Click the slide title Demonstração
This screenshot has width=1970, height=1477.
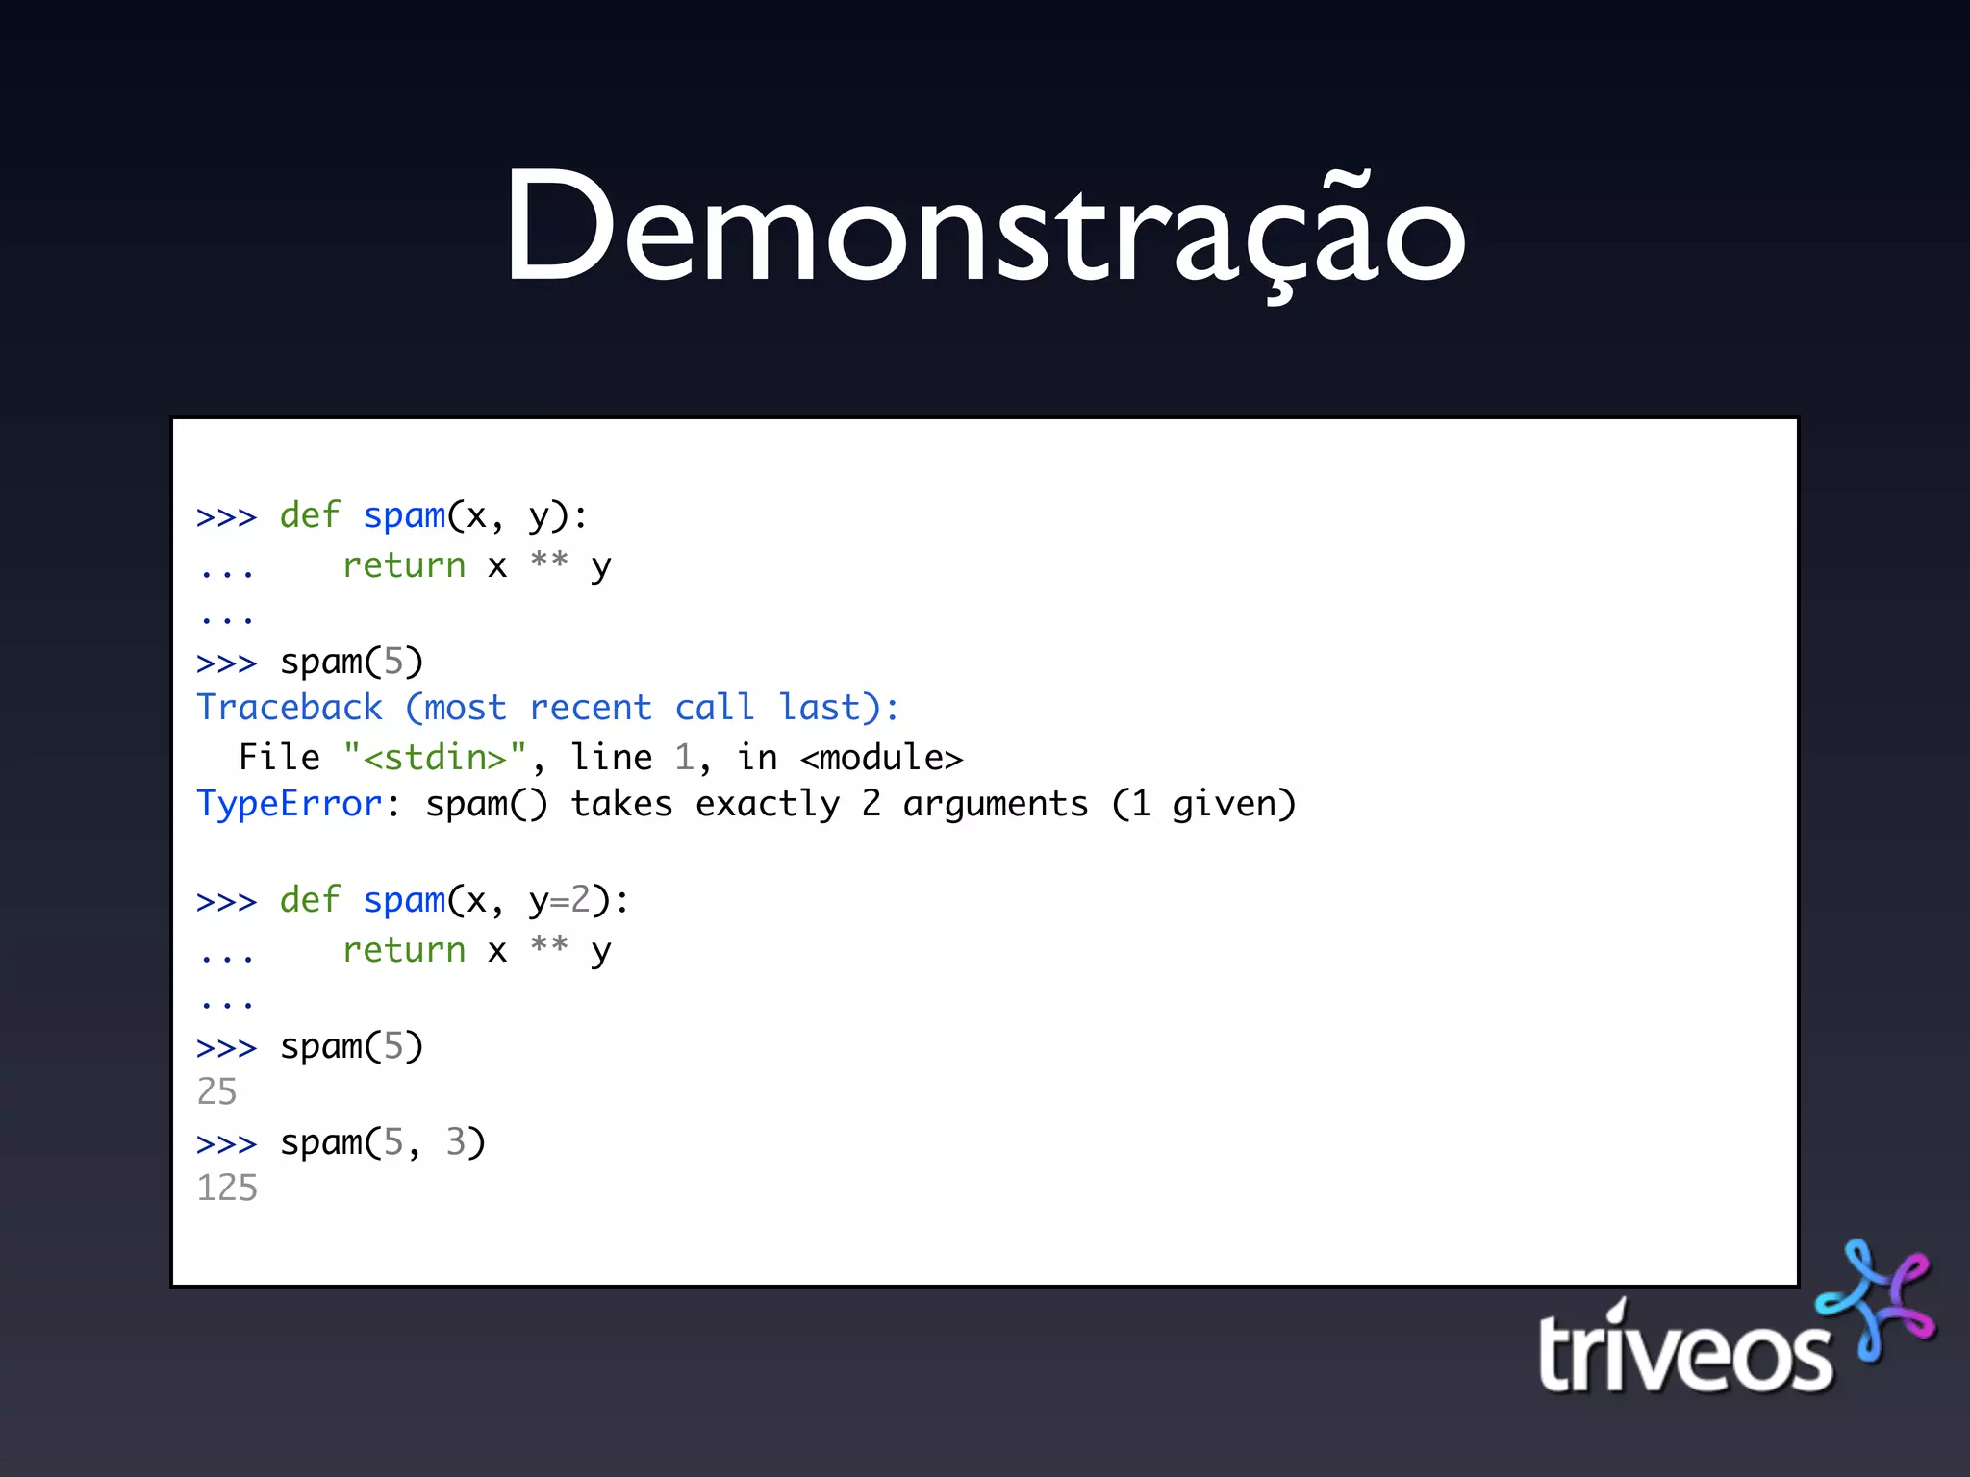point(985,227)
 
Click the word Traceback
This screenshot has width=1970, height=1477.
point(290,708)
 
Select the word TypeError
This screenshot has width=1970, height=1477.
point(290,804)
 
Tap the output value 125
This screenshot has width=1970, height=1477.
point(227,1189)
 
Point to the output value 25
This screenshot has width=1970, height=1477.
point(216,1092)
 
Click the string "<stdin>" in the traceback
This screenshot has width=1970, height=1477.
point(435,758)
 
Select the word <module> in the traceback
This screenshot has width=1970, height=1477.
point(881,758)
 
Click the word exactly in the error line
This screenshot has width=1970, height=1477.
point(768,804)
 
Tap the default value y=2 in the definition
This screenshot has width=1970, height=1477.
point(560,901)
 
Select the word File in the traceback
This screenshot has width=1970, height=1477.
point(279,758)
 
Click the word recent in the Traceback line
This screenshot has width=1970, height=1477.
point(591,708)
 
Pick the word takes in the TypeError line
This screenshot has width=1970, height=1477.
point(621,804)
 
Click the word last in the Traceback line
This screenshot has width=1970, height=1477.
point(820,708)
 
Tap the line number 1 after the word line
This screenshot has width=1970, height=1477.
point(684,758)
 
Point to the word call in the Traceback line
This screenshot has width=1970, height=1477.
point(715,708)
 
